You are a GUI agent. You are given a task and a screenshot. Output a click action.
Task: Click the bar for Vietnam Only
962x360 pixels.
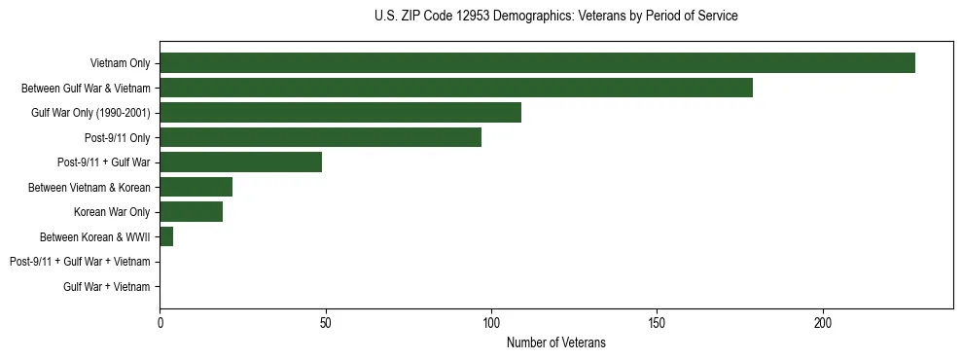coord(537,63)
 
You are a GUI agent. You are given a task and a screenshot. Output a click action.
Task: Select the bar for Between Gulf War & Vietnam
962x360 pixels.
coord(455,88)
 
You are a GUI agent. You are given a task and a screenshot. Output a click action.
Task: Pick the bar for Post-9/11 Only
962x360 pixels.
coord(320,137)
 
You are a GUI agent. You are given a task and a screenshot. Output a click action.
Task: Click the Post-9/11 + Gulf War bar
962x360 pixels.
coord(240,162)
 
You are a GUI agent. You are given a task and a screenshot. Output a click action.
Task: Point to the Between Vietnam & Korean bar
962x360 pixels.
coord(196,187)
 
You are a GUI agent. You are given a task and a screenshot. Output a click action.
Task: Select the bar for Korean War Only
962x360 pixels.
coord(191,212)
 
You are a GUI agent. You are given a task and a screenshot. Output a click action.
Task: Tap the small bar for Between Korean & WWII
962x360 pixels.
coord(166,236)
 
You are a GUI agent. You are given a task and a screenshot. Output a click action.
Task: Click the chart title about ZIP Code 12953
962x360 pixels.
coord(555,17)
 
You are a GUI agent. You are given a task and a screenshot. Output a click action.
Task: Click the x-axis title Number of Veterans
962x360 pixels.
coord(555,342)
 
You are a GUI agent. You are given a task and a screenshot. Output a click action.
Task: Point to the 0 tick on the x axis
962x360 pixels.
coord(160,322)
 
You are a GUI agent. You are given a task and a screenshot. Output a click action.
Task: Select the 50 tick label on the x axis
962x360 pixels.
coord(326,322)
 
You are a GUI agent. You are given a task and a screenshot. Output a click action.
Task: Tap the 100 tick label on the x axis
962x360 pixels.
coord(491,322)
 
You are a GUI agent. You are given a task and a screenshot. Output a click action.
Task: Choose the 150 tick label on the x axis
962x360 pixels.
coord(658,322)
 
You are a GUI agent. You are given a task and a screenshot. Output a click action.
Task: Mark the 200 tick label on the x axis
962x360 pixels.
coord(823,322)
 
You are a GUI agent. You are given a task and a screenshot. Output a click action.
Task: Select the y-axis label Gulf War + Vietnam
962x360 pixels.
coord(107,287)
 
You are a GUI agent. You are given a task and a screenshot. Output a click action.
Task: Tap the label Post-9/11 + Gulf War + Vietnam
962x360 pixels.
coord(80,262)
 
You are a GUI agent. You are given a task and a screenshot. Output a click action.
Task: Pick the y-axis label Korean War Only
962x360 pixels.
coord(112,212)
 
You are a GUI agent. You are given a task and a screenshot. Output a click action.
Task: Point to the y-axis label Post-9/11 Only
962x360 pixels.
coord(118,137)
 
